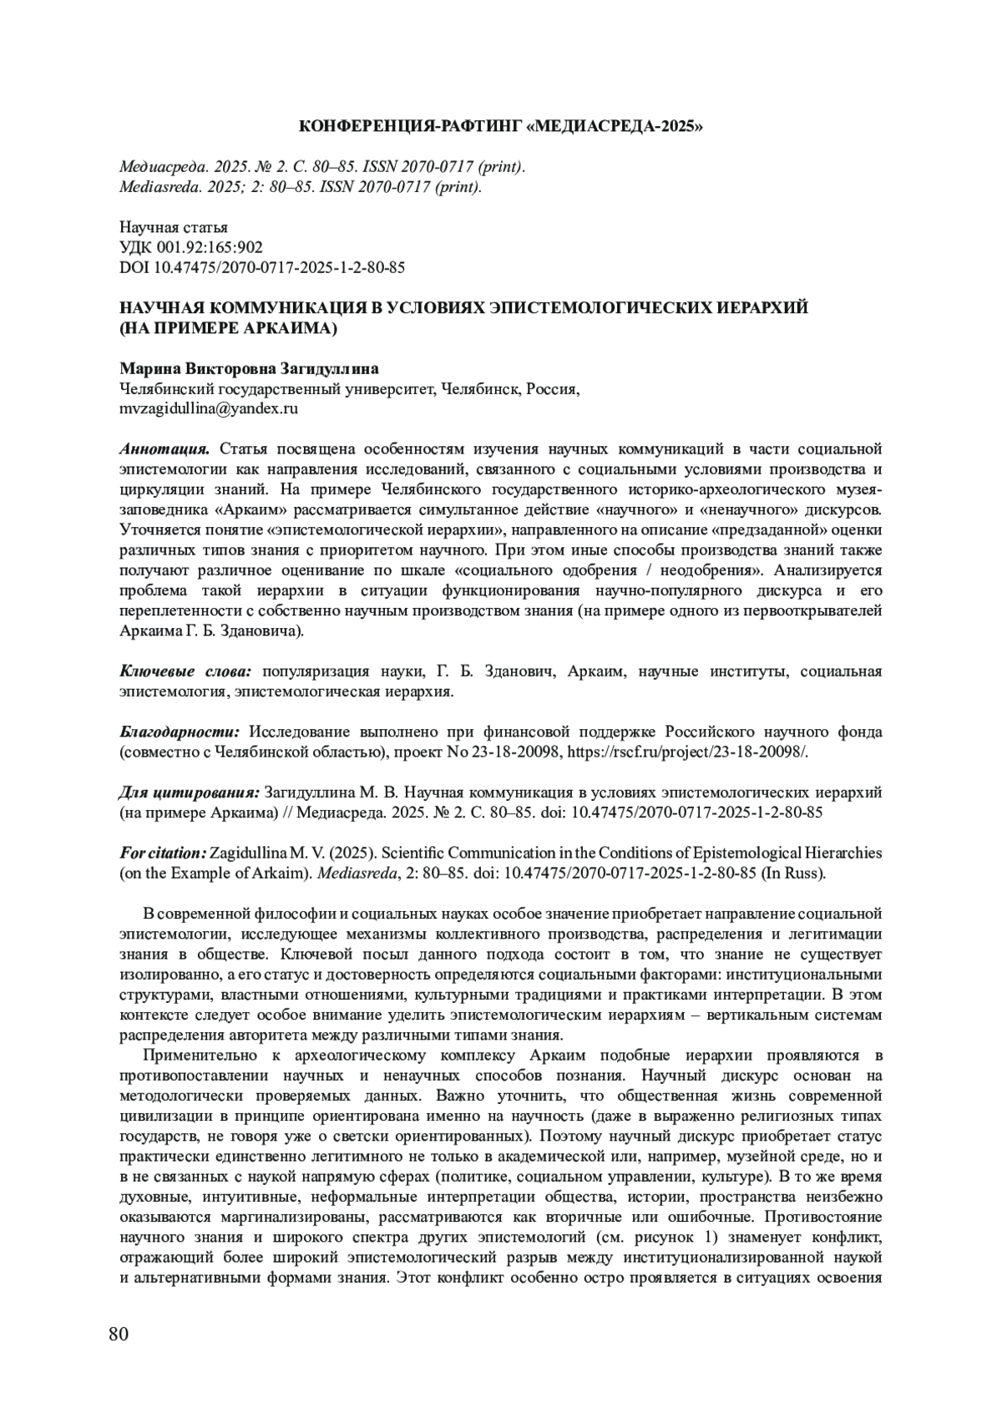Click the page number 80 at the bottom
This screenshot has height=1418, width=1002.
click(x=119, y=1333)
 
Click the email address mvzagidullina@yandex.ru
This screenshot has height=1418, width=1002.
click(x=210, y=409)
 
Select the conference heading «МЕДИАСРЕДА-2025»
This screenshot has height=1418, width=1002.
click(x=501, y=127)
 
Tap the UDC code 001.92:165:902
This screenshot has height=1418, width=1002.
click(x=191, y=247)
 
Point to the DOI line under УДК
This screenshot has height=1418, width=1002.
click(x=263, y=267)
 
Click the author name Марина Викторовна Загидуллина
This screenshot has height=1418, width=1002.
click(x=250, y=368)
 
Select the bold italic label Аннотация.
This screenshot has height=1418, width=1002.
click(x=164, y=449)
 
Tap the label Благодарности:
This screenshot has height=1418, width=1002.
click(x=180, y=732)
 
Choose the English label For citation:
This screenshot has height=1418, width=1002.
click(x=163, y=853)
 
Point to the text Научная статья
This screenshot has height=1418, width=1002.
click(x=174, y=227)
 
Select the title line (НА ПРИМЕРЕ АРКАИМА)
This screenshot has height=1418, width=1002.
click(x=228, y=328)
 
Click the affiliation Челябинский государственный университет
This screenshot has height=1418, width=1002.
click(x=276, y=389)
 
